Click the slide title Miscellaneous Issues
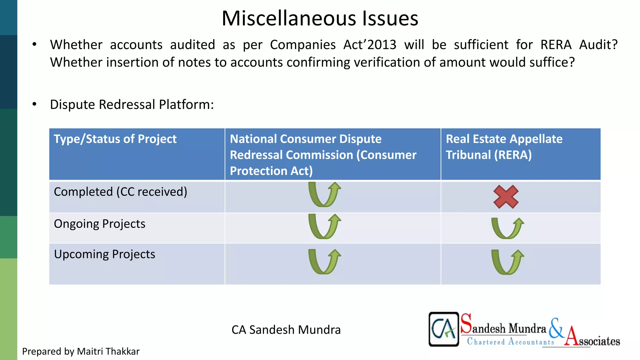pyautogui.click(x=320, y=18)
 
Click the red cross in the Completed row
pyautogui.click(x=506, y=197)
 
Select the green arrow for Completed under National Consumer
pyautogui.click(x=324, y=195)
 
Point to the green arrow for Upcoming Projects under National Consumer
pyautogui.click(x=324, y=262)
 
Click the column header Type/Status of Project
pyautogui.click(x=115, y=139)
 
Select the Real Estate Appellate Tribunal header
pyautogui.click(x=504, y=147)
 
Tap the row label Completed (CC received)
pyautogui.click(x=120, y=192)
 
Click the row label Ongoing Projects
pyautogui.click(x=99, y=224)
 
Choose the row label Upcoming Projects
pyautogui.click(x=104, y=254)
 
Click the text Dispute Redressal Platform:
pyautogui.click(x=132, y=105)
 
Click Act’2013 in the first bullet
pyautogui.click(x=370, y=45)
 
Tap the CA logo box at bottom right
pyautogui.click(x=443, y=329)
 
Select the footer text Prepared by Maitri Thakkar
pyautogui.click(x=81, y=352)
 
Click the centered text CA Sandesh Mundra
pyautogui.click(x=286, y=330)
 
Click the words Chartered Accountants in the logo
pyautogui.click(x=510, y=342)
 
